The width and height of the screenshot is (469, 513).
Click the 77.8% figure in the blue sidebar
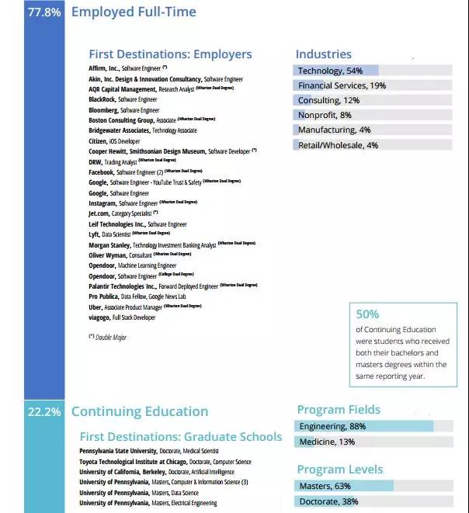pos(43,12)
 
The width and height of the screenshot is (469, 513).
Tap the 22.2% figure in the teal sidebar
pos(43,412)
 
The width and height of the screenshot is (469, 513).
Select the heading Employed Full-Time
pos(134,12)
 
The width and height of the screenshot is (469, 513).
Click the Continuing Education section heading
pos(140,412)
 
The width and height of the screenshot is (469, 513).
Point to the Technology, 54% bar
pos(373,71)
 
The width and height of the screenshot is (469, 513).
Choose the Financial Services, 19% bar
pos(373,85)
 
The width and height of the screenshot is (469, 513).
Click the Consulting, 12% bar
pos(373,100)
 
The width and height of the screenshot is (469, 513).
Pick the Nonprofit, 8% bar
pos(373,115)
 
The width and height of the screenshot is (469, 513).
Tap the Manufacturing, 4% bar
pos(373,130)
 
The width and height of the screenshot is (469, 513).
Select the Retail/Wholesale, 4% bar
pos(373,145)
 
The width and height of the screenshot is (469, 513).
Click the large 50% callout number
pos(367,314)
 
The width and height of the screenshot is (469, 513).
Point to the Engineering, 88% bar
pos(373,426)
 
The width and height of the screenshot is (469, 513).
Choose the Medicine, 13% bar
pos(373,442)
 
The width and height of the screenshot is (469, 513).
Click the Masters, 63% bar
pos(373,486)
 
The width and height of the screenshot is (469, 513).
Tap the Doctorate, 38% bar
pos(373,501)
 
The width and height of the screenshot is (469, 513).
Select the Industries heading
pos(323,54)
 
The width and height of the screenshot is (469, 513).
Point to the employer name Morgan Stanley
pos(109,245)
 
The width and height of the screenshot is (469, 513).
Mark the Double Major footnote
pos(107,338)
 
